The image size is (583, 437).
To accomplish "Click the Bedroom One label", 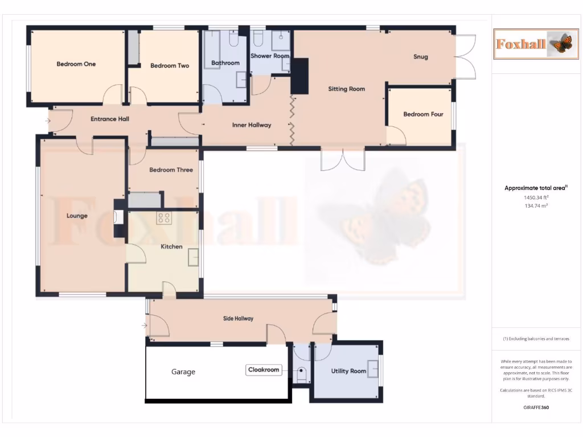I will pyautogui.click(x=76, y=64).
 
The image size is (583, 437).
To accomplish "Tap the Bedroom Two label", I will pyautogui.click(x=170, y=66).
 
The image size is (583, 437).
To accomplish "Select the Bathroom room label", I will pyautogui.click(x=225, y=63).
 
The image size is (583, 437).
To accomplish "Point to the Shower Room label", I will pyautogui.click(x=270, y=56).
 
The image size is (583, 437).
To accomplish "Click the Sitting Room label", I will pyautogui.click(x=346, y=89).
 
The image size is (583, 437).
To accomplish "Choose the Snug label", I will pyautogui.click(x=421, y=57).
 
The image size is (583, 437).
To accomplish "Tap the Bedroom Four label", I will pyautogui.click(x=423, y=114).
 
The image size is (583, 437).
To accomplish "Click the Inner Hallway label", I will pyautogui.click(x=252, y=125).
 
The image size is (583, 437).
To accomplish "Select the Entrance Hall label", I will pyautogui.click(x=110, y=119).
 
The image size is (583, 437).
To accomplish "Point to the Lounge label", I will pyautogui.click(x=77, y=216).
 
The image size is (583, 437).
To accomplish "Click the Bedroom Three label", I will pyautogui.click(x=171, y=170).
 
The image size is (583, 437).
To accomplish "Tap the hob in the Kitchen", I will pyautogui.click(x=164, y=217).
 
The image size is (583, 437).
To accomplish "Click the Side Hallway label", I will pyautogui.click(x=238, y=319).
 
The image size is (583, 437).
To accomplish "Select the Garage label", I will pyautogui.click(x=183, y=372).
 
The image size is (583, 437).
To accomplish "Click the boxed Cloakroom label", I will pyautogui.click(x=264, y=370).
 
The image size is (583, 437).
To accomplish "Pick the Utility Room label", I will pyautogui.click(x=348, y=372).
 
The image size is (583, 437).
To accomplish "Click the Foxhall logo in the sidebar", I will pyautogui.click(x=536, y=44).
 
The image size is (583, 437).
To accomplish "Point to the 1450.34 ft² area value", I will pyautogui.click(x=535, y=197).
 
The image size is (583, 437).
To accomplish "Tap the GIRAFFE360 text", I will pyautogui.click(x=536, y=407).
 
